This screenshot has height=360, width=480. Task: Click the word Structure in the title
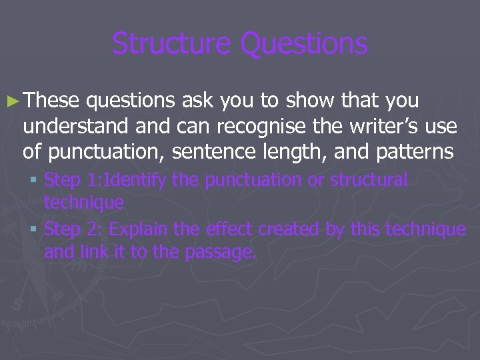click(170, 43)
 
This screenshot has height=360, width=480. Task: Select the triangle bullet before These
click(16, 101)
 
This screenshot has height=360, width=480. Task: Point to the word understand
click(73, 127)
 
